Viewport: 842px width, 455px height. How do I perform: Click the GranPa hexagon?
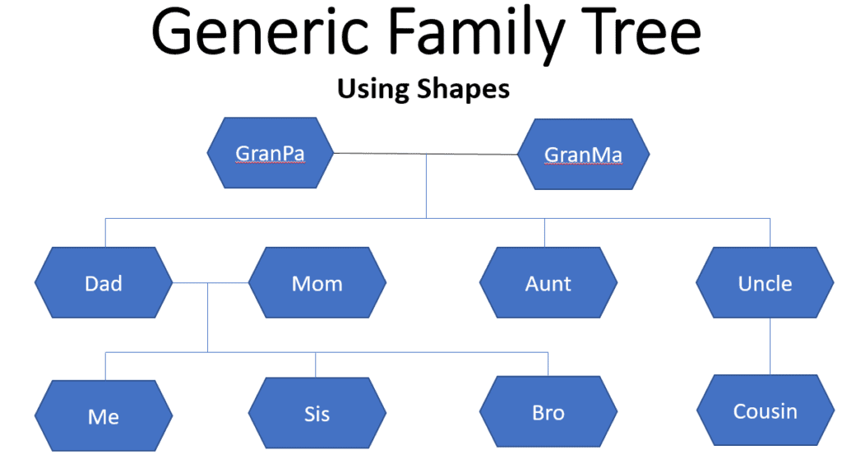coord(270,152)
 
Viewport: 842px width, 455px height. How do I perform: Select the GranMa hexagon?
coord(583,154)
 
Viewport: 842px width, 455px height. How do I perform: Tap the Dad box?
coord(104,282)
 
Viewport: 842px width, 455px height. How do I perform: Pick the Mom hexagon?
coord(317,282)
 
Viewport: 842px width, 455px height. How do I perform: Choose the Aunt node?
coord(548,282)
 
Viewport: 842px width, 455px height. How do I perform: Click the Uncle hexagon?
coord(765,282)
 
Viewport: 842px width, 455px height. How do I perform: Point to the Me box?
coord(104,416)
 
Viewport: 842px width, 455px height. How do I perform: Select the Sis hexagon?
coord(317,412)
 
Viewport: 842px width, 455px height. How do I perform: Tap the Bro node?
coord(548,411)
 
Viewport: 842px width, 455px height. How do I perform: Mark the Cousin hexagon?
coord(766,410)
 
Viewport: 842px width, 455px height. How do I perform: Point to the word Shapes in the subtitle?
coord(464,89)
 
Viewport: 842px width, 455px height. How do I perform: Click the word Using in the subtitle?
coord(373,89)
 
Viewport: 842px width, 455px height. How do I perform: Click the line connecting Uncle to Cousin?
coord(770,346)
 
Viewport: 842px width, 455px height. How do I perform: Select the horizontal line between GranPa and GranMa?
coord(425,154)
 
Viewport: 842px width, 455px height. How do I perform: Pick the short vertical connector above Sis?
coord(315,364)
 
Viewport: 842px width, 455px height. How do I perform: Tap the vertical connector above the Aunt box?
coord(544,233)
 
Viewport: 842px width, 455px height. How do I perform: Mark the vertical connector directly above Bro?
coord(548,364)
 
